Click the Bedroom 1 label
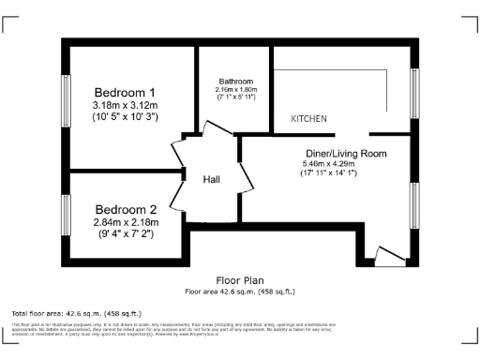(125, 93)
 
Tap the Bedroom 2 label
(125, 208)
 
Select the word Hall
(211, 180)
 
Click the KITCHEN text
(308, 119)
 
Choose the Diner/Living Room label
(346, 153)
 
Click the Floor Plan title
(240, 280)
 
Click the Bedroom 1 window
(67, 100)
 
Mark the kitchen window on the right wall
(413, 92)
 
